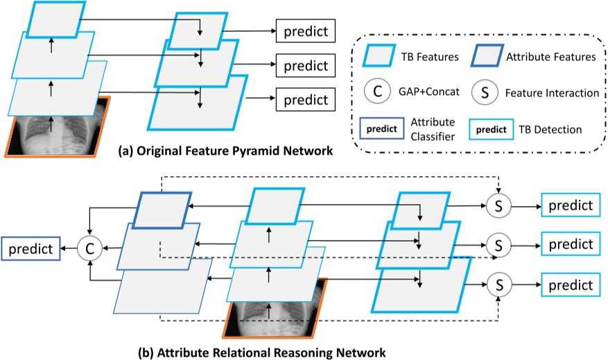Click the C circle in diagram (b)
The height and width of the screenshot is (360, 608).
tap(89, 246)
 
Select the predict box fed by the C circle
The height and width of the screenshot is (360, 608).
tap(30, 246)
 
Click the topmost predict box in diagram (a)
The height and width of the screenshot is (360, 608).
tap(306, 31)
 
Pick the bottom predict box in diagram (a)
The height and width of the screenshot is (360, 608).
tap(306, 98)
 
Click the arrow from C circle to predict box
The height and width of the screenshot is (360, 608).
tap(69, 246)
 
